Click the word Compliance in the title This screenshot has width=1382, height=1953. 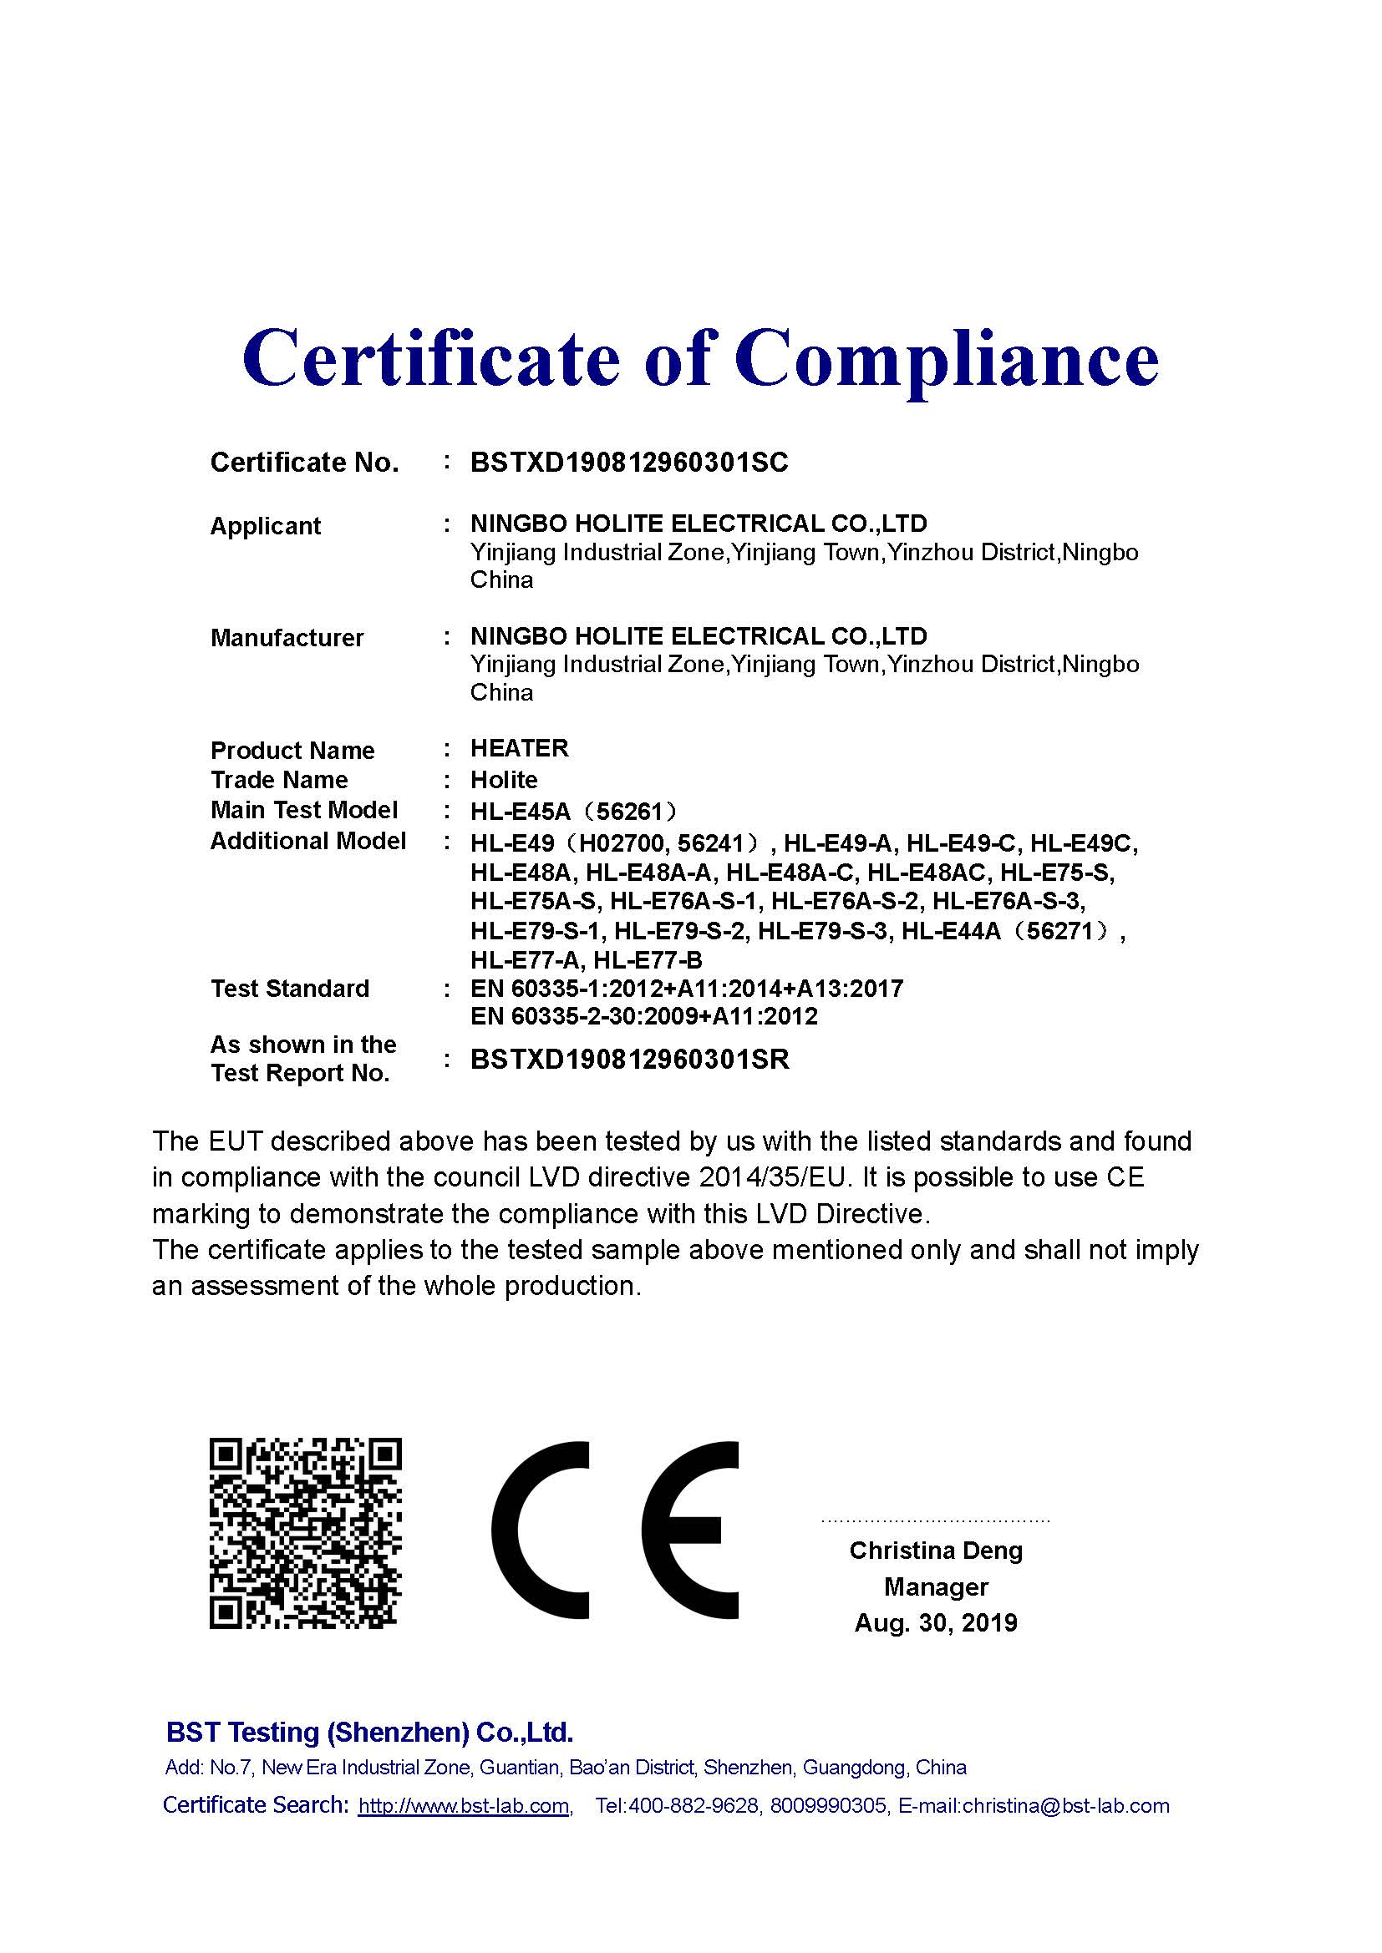tap(947, 359)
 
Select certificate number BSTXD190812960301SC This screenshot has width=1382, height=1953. tap(629, 463)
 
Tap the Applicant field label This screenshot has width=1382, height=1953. tap(266, 526)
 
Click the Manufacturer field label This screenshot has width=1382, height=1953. tap(287, 638)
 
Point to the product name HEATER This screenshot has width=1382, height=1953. tap(519, 748)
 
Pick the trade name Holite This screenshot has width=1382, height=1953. tap(504, 780)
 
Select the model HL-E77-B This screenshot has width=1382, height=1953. tap(648, 960)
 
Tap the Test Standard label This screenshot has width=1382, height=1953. tap(289, 989)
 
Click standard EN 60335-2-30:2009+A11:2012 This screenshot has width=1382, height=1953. tap(643, 1016)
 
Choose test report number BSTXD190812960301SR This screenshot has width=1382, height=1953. tap(630, 1060)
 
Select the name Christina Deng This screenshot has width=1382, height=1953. tap(935, 1551)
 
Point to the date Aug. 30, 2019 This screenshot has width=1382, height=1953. tap(935, 1623)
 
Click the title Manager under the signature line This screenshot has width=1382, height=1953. tap(935, 1587)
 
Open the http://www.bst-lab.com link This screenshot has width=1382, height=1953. tap(464, 1806)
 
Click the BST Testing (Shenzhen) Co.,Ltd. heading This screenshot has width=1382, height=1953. tap(369, 1733)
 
